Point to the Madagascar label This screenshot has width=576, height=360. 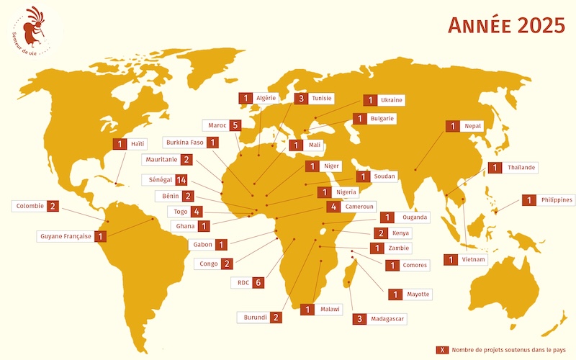coord(388,318)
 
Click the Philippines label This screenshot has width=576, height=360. coord(557,200)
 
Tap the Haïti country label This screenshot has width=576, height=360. coord(137,144)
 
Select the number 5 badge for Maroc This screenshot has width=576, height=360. coord(235,125)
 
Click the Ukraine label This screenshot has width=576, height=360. coord(391,100)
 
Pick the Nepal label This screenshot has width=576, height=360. coord(472,126)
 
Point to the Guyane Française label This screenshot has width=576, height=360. coord(66,235)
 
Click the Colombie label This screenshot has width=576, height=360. coord(30,206)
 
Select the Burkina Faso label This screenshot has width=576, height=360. coord(184,142)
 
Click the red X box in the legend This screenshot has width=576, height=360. coord(443,350)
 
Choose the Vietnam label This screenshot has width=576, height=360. coord(474,259)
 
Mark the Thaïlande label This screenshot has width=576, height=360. coord(521,168)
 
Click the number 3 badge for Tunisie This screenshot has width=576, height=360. coord(303,98)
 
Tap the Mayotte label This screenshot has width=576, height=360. coord(418,294)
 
